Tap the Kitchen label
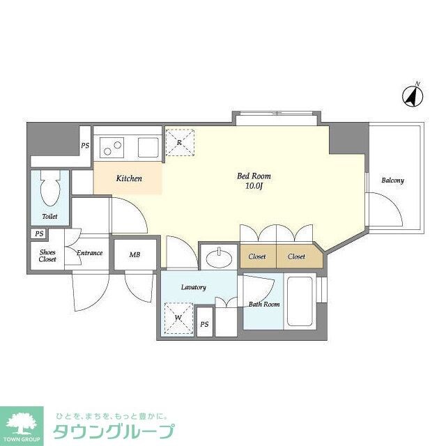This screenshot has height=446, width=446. click(129, 179)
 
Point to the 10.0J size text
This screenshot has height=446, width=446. click(254, 187)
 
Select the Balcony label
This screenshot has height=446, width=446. click(392, 181)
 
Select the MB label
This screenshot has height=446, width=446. click(134, 255)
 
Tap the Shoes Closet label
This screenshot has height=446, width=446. click(48, 255)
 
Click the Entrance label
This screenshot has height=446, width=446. click(90, 253)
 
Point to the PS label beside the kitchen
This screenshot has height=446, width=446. click(85, 146)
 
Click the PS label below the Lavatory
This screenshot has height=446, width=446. click(204, 325)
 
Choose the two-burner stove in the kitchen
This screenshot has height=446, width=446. click(111, 147)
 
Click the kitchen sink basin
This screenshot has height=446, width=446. click(148, 147)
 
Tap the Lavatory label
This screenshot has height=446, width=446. click(193, 287)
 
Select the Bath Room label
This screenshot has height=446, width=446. click(264, 305)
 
